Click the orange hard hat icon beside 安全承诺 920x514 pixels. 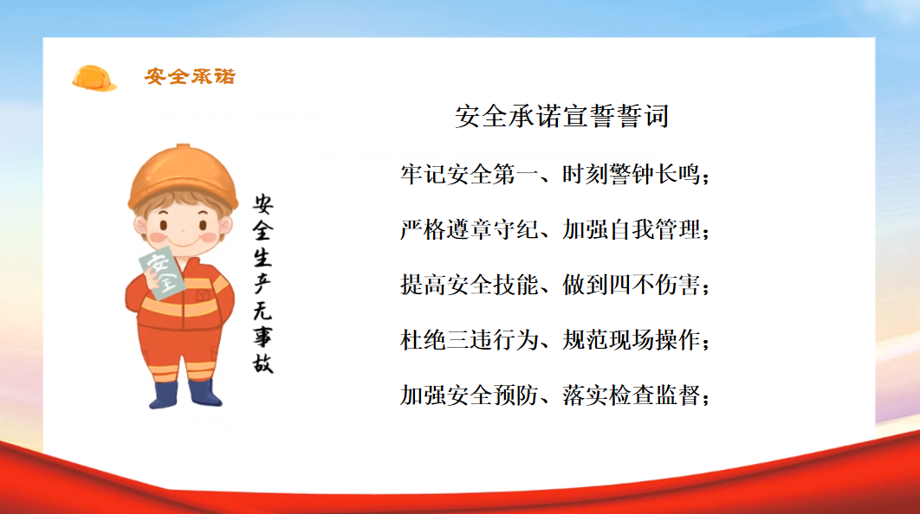(x=94, y=78)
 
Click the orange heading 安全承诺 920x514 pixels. (x=190, y=76)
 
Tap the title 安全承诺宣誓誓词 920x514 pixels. (x=561, y=116)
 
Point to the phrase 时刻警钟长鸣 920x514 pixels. (x=632, y=175)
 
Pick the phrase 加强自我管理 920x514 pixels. (x=632, y=230)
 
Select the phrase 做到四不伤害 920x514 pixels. (x=632, y=285)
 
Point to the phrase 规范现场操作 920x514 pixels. (x=632, y=340)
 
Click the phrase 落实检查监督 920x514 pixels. (x=632, y=395)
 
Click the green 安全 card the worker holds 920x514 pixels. (x=161, y=273)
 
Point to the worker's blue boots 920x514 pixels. (x=185, y=394)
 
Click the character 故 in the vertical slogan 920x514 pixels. (x=262, y=363)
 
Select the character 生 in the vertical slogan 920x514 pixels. (x=262, y=257)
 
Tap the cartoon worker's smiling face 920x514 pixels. (x=183, y=228)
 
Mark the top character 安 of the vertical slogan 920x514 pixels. (x=262, y=204)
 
